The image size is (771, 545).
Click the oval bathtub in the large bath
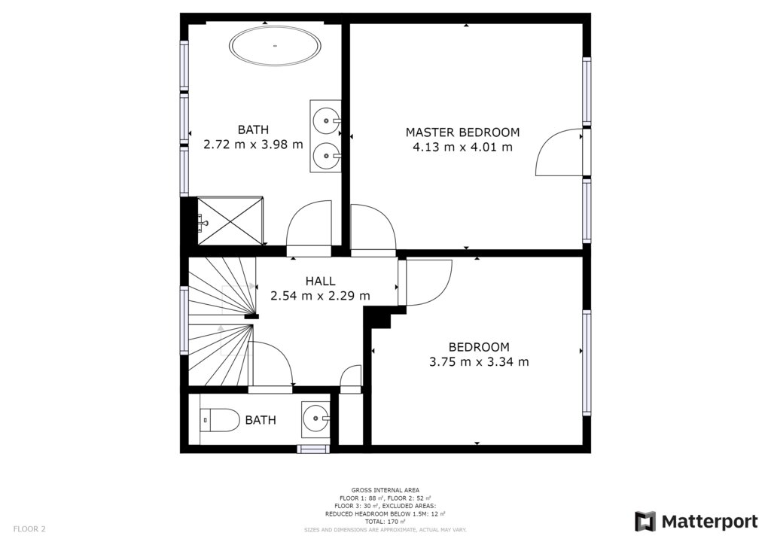tap(276, 46)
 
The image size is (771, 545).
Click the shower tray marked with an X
tap(230, 221)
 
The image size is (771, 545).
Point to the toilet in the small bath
tap(220, 420)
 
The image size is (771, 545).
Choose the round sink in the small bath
tap(315, 419)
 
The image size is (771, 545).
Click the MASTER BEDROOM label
tap(462, 132)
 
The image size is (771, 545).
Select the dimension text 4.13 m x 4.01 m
tap(462, 147)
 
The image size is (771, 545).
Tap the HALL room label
tap(320, 281)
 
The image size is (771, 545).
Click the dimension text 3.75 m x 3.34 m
tap(479, 362)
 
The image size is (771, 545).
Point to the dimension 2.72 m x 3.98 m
tap(253, 145)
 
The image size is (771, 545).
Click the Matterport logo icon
tap(645, 522)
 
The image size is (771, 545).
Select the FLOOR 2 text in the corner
tap(29, 529)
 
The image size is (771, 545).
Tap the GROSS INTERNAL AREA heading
tap(385, 490)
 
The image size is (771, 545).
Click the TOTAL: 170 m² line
tap(385, 522)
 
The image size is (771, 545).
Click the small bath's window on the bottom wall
tap(314, 449)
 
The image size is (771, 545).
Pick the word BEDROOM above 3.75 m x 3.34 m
tap(479, 347)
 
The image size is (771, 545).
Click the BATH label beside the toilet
tap(261, 420)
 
